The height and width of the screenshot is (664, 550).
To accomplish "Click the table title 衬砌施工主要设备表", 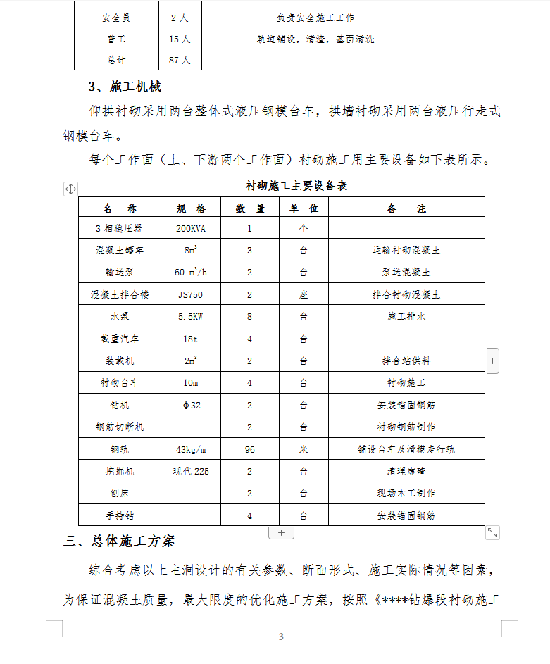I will coord(296,186).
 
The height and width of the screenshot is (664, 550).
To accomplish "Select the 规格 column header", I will coord(191,208).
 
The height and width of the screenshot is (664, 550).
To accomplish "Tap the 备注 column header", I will coord(406,208).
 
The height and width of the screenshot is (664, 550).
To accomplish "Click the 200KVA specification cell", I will coord(191,228).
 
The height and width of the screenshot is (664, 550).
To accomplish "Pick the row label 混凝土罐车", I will coord(119,250).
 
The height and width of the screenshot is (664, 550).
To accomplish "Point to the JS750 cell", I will coord(191,294).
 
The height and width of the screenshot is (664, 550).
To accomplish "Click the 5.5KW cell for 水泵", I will coord(191,317).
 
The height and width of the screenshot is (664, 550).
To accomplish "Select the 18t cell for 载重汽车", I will coord(191,339).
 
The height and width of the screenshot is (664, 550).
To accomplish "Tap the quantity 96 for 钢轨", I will coord(249,449).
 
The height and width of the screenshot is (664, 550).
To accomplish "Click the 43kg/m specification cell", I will coord(191,449).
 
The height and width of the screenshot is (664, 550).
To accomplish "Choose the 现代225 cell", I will coord(191,471).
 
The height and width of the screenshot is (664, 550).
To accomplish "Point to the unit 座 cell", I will coord(304,294).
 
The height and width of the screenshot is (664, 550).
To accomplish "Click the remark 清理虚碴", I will coord(406,471).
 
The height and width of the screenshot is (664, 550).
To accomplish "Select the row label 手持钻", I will coord(119,515).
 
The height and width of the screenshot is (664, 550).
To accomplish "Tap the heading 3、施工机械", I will coord(125,87).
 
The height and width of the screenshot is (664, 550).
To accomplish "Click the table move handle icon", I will coord(70,188).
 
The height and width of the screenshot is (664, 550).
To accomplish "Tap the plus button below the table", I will coord(281,532).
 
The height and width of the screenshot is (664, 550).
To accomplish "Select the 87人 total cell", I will coord(180,60).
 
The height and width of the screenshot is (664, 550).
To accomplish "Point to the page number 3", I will coord(281,637).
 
